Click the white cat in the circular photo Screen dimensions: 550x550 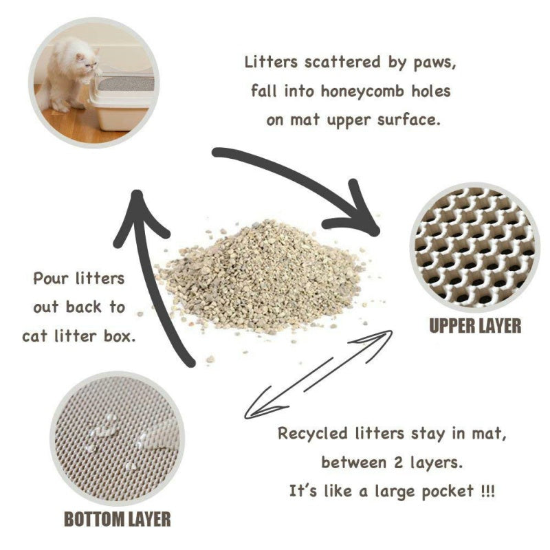(x=65, y=76)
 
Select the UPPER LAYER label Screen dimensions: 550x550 (x=475, y=325)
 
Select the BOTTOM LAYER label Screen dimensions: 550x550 (x=117, y=518)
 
